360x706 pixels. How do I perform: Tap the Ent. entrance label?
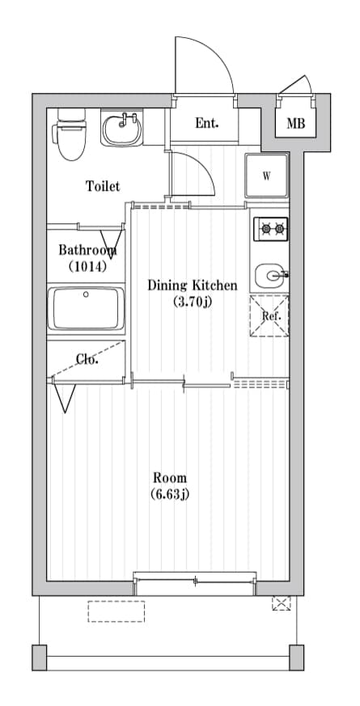coord(206,124)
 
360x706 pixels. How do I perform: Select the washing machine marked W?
coord(267,176)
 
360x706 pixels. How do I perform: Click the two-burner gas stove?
coord(270,229)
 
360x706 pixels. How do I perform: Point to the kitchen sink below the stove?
coord(270,277)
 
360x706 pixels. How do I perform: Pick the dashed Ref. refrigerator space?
coord(269,315)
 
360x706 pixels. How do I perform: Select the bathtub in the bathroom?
coord(86,309)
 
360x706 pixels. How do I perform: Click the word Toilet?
coord(103,187)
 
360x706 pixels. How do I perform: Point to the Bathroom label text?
coord(87,250)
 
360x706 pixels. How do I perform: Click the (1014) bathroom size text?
coord(87,266)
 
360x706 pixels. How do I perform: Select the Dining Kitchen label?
coord(192,285)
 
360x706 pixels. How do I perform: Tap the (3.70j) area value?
coord(192,302)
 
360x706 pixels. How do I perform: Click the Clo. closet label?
coord(87,360)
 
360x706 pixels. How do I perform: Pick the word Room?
coord(170,477)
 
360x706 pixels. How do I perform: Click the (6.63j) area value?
coord(170,494)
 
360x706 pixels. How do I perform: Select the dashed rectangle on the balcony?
coord(116,611)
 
